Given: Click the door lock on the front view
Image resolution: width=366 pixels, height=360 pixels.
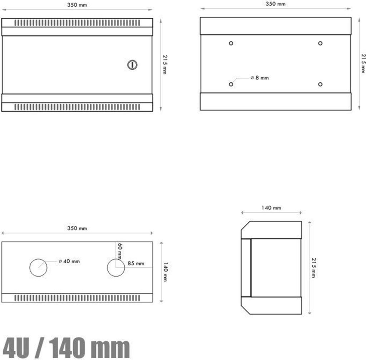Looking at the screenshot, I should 132,64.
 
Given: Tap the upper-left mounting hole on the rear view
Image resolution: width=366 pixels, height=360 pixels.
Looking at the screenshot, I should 231,43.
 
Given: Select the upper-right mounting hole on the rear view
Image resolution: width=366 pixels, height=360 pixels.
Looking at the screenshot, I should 320,43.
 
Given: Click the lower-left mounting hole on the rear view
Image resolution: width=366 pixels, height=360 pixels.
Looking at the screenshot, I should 231,84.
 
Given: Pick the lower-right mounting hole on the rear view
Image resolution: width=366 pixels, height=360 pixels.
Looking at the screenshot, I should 320,84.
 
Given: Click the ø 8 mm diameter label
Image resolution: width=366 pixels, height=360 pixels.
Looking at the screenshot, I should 259,78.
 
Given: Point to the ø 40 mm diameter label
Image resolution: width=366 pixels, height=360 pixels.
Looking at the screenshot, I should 69,261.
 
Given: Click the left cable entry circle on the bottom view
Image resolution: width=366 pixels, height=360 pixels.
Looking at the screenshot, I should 39,268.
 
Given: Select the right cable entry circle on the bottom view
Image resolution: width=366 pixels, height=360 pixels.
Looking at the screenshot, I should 116,268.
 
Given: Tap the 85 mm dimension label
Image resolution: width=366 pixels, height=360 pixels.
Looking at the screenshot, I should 135,264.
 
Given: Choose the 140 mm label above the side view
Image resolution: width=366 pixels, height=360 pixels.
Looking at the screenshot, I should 272,208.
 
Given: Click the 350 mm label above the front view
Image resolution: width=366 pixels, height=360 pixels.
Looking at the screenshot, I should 77,5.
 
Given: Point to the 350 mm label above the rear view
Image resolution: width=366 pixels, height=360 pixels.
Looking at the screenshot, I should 276,4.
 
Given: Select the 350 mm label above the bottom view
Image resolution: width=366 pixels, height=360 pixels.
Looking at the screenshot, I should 77,228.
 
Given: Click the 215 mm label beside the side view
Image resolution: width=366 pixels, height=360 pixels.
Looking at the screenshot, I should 313,268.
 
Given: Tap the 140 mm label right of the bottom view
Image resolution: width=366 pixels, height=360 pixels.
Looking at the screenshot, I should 165,272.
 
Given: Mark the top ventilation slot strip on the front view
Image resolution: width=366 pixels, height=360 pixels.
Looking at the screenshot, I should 76,23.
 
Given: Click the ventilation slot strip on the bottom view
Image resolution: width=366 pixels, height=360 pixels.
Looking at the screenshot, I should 76,298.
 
